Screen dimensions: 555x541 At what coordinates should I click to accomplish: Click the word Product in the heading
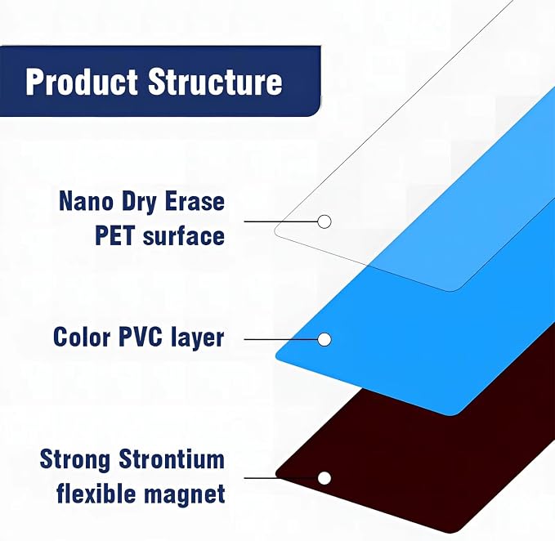(81, 82)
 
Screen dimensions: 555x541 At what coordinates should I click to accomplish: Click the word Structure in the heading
(215, 82)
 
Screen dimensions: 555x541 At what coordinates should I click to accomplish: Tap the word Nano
(87, 201)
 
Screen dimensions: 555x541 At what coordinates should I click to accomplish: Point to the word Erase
(195, 201)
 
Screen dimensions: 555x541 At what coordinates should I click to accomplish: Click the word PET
(115, 235)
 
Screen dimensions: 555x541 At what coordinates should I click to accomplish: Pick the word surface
(184, 235)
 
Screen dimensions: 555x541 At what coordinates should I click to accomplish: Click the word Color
(82, 337)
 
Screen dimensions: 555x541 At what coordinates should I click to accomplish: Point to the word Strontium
(172, 459)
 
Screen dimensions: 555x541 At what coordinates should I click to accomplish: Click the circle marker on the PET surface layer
(324, 221)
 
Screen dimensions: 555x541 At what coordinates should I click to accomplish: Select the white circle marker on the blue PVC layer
(324, 340)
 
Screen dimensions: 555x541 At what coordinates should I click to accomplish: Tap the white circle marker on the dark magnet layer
(324, 478)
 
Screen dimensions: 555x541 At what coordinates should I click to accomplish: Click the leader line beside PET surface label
(281, 221)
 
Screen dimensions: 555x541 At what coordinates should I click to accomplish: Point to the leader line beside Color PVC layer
(281, 340)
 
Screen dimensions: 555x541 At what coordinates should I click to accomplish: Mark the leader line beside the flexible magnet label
(281, 478)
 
